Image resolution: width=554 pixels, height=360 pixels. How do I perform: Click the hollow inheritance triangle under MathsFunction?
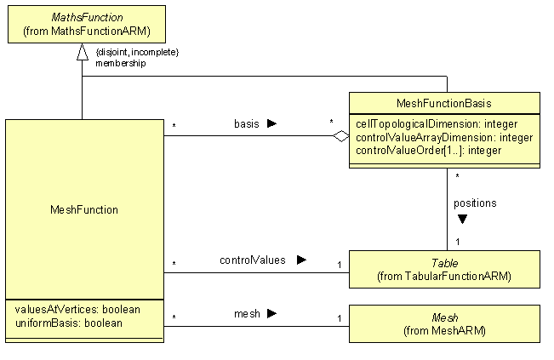tap(83, 53)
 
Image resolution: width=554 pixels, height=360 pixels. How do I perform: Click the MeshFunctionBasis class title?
tap(443, 103)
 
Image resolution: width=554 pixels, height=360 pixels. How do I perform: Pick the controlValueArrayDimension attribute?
tap(443, 137)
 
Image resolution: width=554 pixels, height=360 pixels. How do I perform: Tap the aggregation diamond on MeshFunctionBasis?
tap(341, 135)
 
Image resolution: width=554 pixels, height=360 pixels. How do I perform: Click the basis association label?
tap(247, 123)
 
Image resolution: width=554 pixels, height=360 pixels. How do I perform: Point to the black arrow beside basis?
tap(271, 123)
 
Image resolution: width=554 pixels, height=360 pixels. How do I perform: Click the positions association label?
tap(476, 203)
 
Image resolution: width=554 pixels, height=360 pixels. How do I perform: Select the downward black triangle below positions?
tap(462, 219)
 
